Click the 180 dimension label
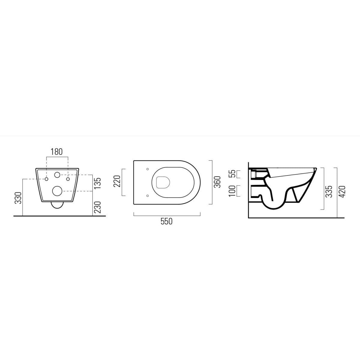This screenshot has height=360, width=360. [x=57, y=152]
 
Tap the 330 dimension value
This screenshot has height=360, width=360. [x=19, y=198]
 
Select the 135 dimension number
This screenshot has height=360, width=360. [x=98, y=183]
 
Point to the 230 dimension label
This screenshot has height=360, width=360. [x=98, y=207]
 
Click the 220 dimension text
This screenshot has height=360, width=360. [x=117, y=181]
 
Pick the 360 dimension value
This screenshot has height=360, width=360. [x=217, y=182]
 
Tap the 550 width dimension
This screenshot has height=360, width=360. [x=166, y=221]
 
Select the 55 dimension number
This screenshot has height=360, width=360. [x=232, y=174]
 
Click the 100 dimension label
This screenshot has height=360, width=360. [x=232, y=191]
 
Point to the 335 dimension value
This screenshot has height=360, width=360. [x=329, y=191]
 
